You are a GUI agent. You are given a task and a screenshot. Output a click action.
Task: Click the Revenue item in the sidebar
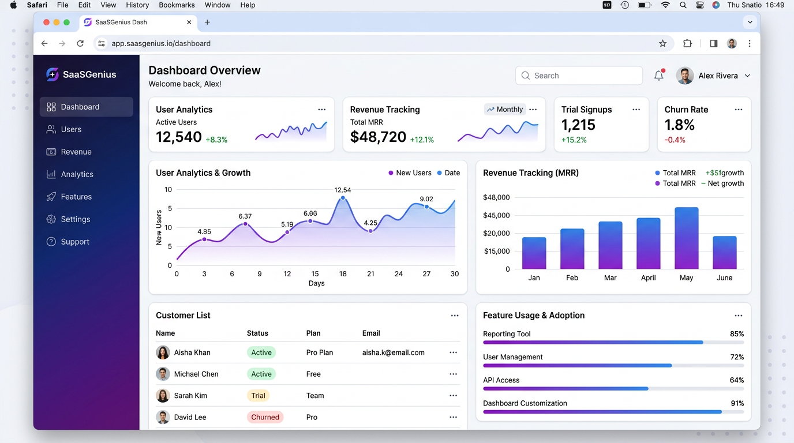click(76, 152)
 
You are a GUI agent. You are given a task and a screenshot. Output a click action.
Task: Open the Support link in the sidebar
click(74, 242)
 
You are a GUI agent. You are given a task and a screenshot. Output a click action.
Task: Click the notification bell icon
click(658, 76)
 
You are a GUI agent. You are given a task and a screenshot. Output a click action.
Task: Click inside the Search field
click(583, 76)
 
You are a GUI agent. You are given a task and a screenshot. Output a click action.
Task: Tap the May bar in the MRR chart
click(686, 238)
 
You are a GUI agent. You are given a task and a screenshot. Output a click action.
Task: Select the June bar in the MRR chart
click(724, 253)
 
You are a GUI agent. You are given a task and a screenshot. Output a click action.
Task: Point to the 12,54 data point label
click(343, 190)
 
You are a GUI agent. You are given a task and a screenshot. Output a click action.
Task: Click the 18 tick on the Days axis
click(343, 274)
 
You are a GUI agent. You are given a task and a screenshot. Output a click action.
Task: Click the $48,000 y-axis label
click(496, 197)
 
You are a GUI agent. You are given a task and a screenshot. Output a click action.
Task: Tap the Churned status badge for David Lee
click(265, 417)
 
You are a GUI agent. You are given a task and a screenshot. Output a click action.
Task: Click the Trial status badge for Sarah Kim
click(258, 396)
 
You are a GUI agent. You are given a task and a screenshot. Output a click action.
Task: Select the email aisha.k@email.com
click(393, 352)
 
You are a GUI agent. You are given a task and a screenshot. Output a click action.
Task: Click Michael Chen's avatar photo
click(163, 374)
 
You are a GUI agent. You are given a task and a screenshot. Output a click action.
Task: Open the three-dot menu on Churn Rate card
click(738, 110)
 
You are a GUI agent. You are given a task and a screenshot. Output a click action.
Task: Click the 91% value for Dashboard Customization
click(736, 403)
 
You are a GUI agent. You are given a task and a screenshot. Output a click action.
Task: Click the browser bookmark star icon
click(662, 43)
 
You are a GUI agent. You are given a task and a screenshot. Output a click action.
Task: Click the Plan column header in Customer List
click(313, 333)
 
